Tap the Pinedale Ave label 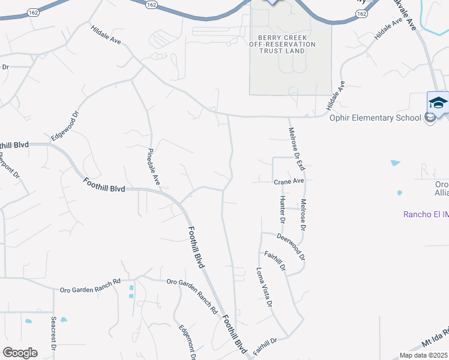154,166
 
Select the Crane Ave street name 289,181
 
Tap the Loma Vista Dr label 265,287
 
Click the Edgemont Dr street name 187,343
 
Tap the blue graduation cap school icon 438,101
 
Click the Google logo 20,352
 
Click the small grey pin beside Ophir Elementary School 429,118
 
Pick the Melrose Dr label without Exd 304,215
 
